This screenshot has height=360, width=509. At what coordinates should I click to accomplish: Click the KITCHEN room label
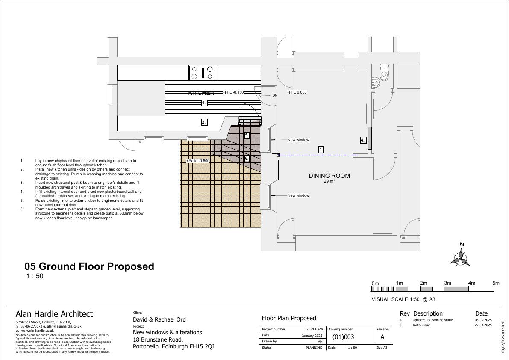pos(201,93)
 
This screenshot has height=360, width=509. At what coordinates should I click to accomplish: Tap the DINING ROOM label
pos(329,176)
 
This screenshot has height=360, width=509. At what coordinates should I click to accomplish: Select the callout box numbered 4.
pos(363,140)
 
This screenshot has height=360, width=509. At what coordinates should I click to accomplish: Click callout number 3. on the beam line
pos(321,149)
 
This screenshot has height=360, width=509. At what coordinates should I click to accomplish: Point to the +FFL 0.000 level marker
pos(297,92)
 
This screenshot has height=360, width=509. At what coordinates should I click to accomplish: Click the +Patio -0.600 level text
pos(198,161)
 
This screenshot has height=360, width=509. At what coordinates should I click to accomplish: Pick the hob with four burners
pos(202,73)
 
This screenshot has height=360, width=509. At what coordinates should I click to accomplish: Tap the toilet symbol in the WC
pos(384,72)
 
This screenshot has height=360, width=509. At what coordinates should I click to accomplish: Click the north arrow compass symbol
pos(460,255)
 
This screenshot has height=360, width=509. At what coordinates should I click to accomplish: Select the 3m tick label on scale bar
pos(447,283)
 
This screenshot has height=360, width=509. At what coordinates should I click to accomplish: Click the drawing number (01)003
pos(343,337)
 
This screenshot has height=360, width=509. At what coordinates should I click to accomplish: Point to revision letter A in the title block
pos(382,337)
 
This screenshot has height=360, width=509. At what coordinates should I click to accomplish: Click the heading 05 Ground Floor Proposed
pos(89,266)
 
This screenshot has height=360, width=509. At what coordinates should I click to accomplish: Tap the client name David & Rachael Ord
pos(159,319)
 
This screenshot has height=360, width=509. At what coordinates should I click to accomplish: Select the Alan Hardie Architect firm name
pos(54,314)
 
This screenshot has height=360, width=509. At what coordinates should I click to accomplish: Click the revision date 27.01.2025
pos(483,325)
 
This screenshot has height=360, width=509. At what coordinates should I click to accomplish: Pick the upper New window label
pos(298,140)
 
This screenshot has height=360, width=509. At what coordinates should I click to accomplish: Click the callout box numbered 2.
pos(204,122)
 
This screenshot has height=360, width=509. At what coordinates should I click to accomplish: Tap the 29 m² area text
pos(329,181)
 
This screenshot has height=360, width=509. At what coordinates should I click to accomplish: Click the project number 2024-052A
pos(315,329)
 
